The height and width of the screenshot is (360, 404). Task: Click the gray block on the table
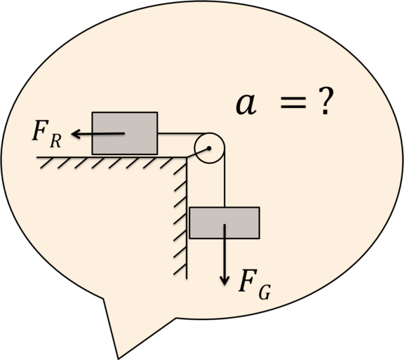(x=125, y=133)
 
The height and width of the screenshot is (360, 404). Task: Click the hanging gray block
(x=224, y=223)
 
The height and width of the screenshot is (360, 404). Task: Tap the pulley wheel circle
(x=195, y=148)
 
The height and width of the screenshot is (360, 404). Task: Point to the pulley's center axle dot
(x=209, y=148)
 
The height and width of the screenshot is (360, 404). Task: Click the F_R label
(x=46, y=135)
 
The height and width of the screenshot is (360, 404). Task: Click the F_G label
(x=255, y=284)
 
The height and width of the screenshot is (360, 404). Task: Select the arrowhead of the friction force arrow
(x=75, y=134)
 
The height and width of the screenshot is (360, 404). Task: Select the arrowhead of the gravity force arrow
(x=224, y=281)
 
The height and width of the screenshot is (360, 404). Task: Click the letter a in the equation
(x=246, y=104)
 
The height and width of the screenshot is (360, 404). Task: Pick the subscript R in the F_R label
(x=55, y=141)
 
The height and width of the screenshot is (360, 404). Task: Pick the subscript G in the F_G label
(x=264, y=292)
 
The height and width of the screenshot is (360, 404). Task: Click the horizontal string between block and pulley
(x=184, y=133)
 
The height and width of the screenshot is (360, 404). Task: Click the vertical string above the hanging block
(x=224, y=178)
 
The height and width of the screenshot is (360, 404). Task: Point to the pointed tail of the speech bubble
(x=119, y=358)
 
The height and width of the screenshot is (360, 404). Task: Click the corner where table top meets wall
(x=187, y=157)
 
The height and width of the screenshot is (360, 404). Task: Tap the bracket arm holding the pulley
(x=198, y=153)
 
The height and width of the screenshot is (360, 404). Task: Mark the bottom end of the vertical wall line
(x=187, y=279)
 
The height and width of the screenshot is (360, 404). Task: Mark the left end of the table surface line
(x=36, y=157)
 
